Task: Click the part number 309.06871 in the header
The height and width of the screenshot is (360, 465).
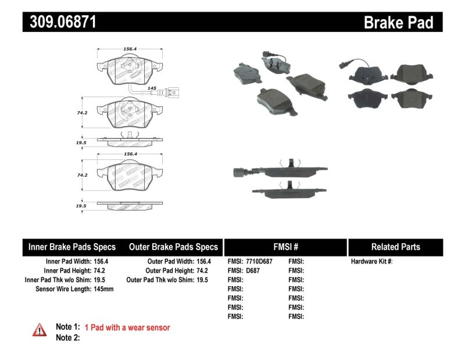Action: point(60,22)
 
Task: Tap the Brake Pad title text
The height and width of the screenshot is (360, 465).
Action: point(398,23)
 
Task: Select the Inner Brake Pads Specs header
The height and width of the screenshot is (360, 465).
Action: point(72,247)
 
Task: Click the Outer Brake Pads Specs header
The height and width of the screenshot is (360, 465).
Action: point(173,247)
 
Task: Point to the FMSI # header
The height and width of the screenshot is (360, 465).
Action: point(285,247)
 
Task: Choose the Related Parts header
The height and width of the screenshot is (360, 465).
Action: point(395,247)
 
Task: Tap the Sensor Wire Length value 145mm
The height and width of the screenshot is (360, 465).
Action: point(105,289)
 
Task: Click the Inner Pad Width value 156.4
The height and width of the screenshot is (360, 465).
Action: point(101,262)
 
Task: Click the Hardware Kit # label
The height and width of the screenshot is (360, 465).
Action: point(371,262)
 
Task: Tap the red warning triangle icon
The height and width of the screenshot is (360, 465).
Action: point(40,329)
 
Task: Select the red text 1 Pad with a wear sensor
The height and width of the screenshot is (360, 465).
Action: point(127,328)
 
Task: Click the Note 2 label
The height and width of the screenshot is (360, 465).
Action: point(67,338)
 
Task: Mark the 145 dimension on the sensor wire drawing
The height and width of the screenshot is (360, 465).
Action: point(152,88)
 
